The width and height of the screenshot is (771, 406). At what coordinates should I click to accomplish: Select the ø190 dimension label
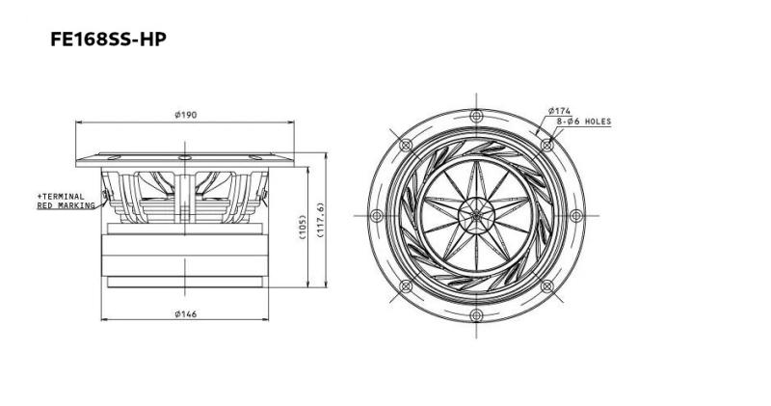186,115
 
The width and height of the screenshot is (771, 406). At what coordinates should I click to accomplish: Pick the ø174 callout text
561,111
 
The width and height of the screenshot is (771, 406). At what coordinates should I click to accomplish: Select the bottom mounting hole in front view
476,315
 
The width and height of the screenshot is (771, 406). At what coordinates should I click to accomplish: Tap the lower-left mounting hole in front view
405,286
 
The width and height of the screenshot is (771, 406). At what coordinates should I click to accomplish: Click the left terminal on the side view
107,200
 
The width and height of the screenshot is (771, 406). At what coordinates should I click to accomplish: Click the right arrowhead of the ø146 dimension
269,320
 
